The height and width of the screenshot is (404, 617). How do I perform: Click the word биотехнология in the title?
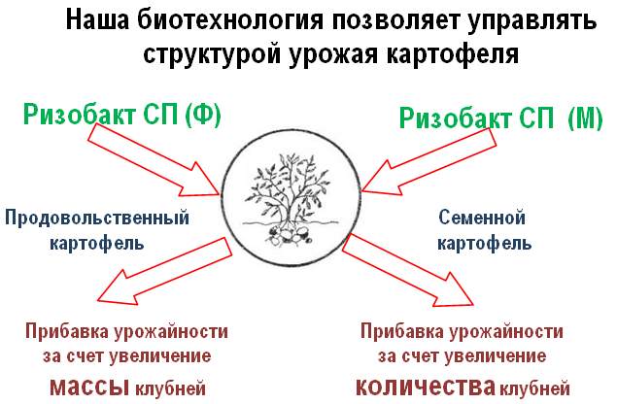(x=230, y=20)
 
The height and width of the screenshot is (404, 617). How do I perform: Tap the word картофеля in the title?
(x=453, y=54)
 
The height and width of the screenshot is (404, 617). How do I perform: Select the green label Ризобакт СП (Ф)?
(x=122, y=115)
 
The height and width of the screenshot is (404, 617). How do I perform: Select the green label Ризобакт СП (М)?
(x=501, y=118)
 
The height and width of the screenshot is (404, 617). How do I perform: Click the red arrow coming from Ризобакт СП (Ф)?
(x=154, y=160)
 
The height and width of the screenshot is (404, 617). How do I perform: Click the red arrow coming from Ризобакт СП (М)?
(x=428, y=162)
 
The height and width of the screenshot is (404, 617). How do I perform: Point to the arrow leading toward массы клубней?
(x=164, y=271)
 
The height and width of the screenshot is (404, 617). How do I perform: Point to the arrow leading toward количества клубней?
(x=408, y=270)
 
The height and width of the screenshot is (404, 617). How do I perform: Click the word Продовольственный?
(x=97, y=218)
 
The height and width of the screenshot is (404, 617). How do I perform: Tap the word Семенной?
(x=482, y=218)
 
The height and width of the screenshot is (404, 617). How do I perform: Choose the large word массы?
(x=89, y=387)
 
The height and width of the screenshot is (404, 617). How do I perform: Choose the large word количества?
(x=426, y=387)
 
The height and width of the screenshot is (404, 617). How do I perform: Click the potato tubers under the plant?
(x=289, y=236)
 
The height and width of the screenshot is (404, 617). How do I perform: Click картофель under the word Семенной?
(x=485, y=244)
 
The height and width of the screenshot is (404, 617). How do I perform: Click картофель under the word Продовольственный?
(x=97, y=243)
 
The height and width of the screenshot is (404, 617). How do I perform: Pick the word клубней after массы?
(x=170, y=388)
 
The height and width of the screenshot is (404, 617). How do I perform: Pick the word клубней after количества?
(x=534, y=388)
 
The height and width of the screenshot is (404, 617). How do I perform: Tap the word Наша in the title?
(x=97, y=19)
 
